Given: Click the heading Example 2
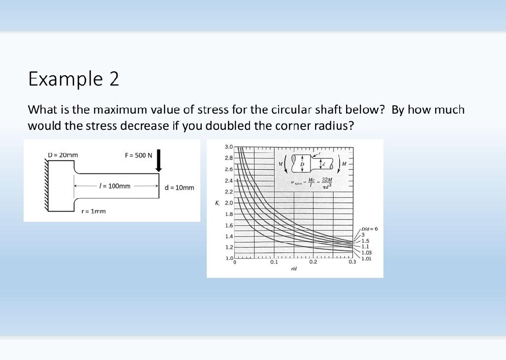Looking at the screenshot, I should tap(74, 79).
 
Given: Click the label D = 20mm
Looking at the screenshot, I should tap(63, 155).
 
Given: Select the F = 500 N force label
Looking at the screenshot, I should tap(138, 155).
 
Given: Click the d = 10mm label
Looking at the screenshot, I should tap(180, 188).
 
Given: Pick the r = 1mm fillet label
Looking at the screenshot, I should tap(94, 211).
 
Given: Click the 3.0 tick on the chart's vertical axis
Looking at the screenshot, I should tap(229, 147).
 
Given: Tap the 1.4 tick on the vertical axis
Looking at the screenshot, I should tap(229, 236).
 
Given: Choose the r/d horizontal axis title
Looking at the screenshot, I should tap(293, 269).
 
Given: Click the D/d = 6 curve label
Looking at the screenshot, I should tap(369, 229).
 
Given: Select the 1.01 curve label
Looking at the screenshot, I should tap(367, 258).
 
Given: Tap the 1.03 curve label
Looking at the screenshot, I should tap(367, 252).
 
